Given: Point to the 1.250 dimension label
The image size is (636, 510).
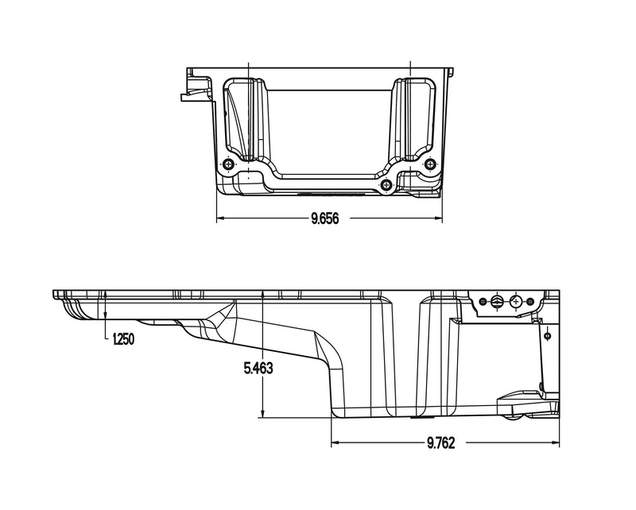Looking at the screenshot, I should pos(124,339).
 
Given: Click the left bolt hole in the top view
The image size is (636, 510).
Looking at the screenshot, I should pos(230,164).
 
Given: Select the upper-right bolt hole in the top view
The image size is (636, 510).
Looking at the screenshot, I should pos(431,164).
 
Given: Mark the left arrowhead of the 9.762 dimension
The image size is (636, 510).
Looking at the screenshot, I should pos(335,442).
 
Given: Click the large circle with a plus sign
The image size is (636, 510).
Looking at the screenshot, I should pos(517,302).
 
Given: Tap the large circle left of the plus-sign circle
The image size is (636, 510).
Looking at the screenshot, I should pos(497,301).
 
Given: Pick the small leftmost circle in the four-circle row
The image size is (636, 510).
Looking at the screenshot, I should pos(480,301).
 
